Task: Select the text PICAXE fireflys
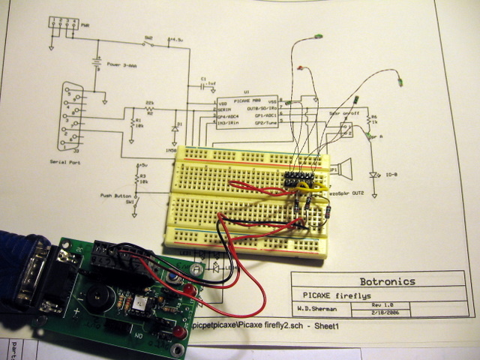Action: pyautogui.click(x=330, y=294)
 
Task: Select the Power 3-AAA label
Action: pyautogui.click(x=124, y=64)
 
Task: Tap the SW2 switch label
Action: pyautogui.click(x=148, y=37)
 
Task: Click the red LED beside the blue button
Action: pyautogui.click(x=190, y=289)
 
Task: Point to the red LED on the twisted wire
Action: pyautogui.click(x=300, y=69)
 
